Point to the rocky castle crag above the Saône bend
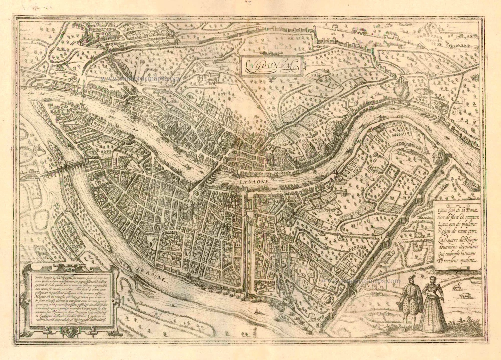[401, 92]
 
